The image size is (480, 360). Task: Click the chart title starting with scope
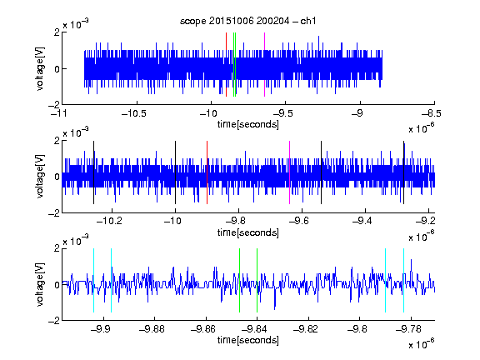(x=248, y=21)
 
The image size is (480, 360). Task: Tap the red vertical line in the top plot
(x=226, y=65)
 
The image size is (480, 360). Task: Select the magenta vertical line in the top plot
(x=264, y=65)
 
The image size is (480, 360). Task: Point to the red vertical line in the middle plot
(x=207, y=172)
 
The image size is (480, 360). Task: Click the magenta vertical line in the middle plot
(x=290, y=172)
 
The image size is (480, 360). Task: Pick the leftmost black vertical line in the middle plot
(x=93, y=172)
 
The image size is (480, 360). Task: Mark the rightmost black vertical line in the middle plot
(x=404, y=172)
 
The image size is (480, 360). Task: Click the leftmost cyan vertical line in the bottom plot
(x=93, y=280)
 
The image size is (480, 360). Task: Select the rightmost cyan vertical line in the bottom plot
(x=404, y=280)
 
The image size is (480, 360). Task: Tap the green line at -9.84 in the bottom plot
(x=257, y=280)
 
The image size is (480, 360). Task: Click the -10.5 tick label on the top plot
(x=134, y=113)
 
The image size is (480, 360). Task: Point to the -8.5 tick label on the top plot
(x=432, y=113)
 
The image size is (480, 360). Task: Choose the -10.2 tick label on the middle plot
(x=109, y=221)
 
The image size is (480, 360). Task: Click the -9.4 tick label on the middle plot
(x=362, y=221)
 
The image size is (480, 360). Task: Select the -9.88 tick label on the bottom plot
(x=152, y=329)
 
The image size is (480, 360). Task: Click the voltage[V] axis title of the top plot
(x=40, y=68)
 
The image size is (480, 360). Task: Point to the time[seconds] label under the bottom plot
(x=248, y=340)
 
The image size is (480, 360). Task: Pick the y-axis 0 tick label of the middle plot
(x=57, y=177)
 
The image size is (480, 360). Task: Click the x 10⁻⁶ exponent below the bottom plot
(x=422, y=344)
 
